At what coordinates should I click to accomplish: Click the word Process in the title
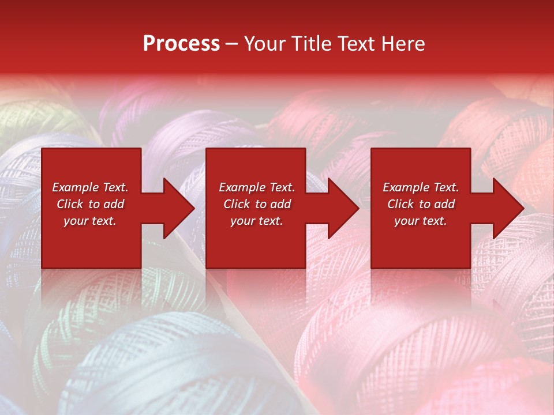point(181,44)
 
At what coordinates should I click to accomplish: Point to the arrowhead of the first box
point(179,208)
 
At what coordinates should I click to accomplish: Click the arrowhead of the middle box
point(343,208)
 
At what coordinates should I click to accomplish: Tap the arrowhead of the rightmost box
point(508,208)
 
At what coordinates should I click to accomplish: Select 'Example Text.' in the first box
point(90,187)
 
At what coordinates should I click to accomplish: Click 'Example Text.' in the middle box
point(257,187)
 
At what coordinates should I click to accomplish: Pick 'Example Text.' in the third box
point(421,187)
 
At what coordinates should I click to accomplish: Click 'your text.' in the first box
point(90,221)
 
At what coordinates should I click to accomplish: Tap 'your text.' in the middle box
point(257,221)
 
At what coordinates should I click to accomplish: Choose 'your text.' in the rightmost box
point(421,221)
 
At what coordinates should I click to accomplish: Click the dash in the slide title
point(231,44)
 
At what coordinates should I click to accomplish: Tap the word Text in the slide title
point(355,44)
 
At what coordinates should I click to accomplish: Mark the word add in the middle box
point(280,204)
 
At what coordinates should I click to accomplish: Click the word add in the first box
point(114,204)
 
